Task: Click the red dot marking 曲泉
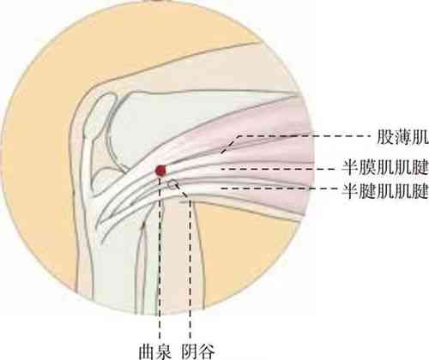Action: [160, 171]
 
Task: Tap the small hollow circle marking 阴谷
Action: [172, 185]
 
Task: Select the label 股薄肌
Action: [402, 138]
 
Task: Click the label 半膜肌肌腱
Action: [385, 167]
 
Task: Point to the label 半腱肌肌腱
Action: [385, 191]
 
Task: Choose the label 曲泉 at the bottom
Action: [154, 351]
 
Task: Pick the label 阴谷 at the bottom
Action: [198, 351]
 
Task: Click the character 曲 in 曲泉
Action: [147, 351]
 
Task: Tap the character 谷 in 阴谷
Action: [206, 351]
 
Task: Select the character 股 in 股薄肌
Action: [385, 138]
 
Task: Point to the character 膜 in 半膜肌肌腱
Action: [368, 167]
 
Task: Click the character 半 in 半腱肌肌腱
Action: [351, 191]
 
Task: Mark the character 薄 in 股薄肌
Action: [402, 138]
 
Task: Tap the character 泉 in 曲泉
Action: [163, 351]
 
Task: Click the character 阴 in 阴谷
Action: [190, 351]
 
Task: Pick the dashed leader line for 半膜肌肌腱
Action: [278, 169]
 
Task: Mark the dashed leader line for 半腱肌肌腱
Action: [278, 189]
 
